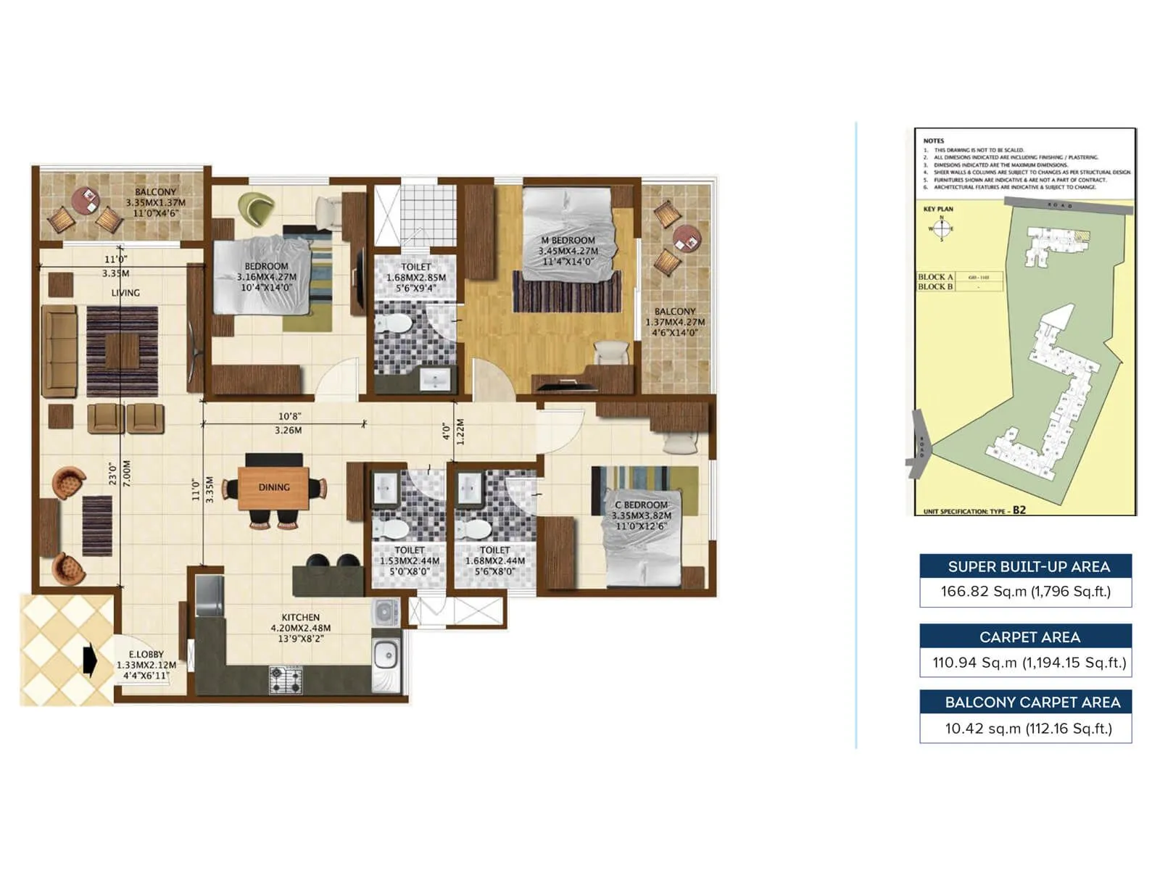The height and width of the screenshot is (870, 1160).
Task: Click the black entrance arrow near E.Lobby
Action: pyautogui.click(x=90, y=660)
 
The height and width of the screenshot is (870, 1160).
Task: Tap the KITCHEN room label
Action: pyautogui.click(x=300, y=618)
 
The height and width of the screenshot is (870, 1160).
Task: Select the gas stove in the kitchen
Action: pyautogui.click(x=286, y=680)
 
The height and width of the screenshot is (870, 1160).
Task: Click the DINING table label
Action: pyautogui.click(x=274, y=487)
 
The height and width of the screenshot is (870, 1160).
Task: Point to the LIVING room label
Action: pyautogui.click(x=125, y=293)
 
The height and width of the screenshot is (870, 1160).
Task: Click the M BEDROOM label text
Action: pyautogui.click(x=568, y=241)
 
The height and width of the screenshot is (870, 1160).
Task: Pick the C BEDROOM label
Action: pyautogui.click(x=641, y=505)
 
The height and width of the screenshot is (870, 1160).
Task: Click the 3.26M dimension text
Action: pyautogui.click(x=288, y=431)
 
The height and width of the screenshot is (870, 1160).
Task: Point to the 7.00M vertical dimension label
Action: pyautogui.click(x=127, y=473)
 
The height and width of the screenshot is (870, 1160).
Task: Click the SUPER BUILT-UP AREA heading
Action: pyautogui.click(x=1028, y=567)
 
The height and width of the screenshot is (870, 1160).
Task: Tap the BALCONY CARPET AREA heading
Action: pyautogui.click(x=1032, y=703)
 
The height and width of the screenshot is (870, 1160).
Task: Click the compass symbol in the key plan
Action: pyautogui.click(x=941, y=228)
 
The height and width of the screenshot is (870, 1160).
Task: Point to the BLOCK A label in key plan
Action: pyautogui.click(x=935, y=277)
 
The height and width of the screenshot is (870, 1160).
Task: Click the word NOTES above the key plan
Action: pyautogui.click(x=933, y=141)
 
